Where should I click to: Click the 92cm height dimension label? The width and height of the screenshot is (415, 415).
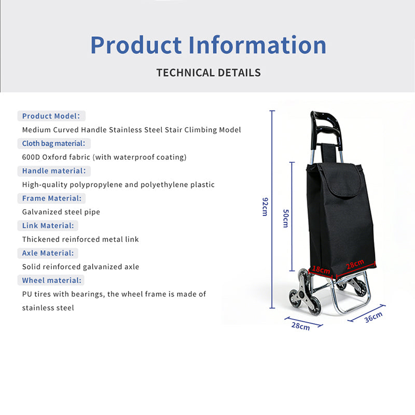pyautogui.click(x=265, y=206)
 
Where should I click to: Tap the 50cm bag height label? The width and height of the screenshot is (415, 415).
pyautogui.click(x=286, y=218)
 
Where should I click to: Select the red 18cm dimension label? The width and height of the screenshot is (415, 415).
pyautogui.click(x=321, y=270)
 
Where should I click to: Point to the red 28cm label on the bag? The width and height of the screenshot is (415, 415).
pyautogui.click(x=355, y=264)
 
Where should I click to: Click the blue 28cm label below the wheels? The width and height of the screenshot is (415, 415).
pyautogui.click(x=301, y=326)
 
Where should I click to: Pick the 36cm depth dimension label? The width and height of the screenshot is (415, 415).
pyautogui.click(x=374, y=317)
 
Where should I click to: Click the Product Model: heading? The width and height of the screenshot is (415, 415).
pyautogui.click(x=51, y=116)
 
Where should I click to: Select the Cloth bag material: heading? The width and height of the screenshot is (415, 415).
pyautogui.click(x=54, y=144)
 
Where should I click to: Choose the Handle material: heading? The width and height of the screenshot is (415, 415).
pyautogui.click(x=54, y=171)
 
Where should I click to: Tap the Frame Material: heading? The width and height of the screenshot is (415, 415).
pyautogui.click(x=52, y=198)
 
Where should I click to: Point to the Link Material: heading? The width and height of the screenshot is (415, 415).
pyautogui.click(x=48, y=226)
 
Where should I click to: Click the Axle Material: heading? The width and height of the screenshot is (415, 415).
pyautogui.click(x=48, y=253)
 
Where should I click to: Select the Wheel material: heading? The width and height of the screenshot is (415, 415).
pyautogui.click(x=51, y=280)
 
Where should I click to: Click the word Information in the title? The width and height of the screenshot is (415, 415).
pyautogui.click(x=257, y=45)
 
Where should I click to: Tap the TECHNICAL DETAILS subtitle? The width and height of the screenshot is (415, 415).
pyautogui.click(x=209, y=73)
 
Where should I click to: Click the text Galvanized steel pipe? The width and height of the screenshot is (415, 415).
pyautogui.click(x=61, y=212)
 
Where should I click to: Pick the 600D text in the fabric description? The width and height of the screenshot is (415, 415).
pyautogui.click(x=31, y=157)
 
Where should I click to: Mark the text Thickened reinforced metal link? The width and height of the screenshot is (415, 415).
pyautogui.click(x=80, y=239)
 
